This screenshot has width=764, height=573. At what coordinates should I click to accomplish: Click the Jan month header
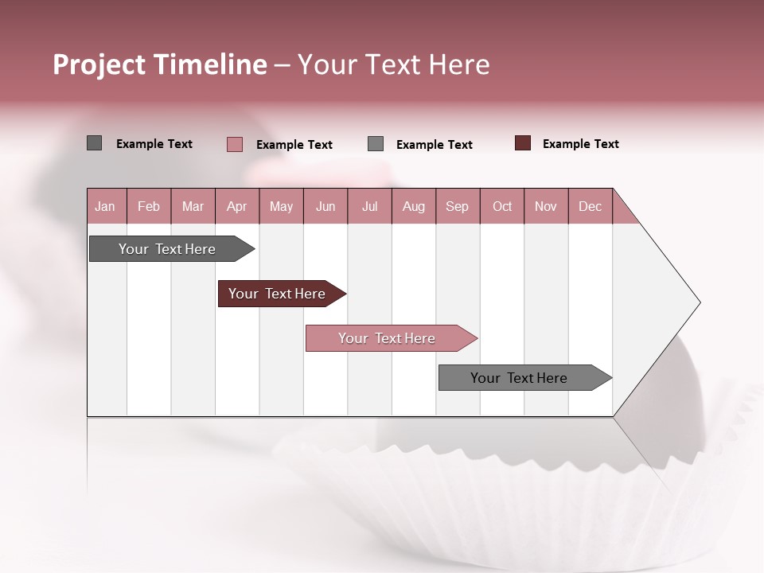[x=106, y=206]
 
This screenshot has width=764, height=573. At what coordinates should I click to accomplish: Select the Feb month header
[x=149, y=206]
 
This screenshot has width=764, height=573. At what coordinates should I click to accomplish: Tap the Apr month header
[x=236, y=206]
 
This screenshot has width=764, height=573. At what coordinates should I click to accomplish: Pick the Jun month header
[x=325, y=206]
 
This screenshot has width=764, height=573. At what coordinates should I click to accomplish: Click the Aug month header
[x=413, y=206]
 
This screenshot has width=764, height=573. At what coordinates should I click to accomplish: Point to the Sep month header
[x=458, y=206]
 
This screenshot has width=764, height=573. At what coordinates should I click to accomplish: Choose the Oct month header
[x=502, y=206]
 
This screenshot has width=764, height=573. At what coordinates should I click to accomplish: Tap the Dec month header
[x=590, y=206]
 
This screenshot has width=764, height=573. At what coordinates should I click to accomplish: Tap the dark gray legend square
[x=94, y=143]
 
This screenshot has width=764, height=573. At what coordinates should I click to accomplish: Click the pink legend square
[x=234, y=144]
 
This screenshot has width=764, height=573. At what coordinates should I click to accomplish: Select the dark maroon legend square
[x=523, y=143]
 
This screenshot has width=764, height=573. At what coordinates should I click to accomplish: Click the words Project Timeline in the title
[x=160, y=64]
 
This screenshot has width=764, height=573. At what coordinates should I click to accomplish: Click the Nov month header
[x=546, y=206]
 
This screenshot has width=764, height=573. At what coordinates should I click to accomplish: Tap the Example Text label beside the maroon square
[x=580, y=144]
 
